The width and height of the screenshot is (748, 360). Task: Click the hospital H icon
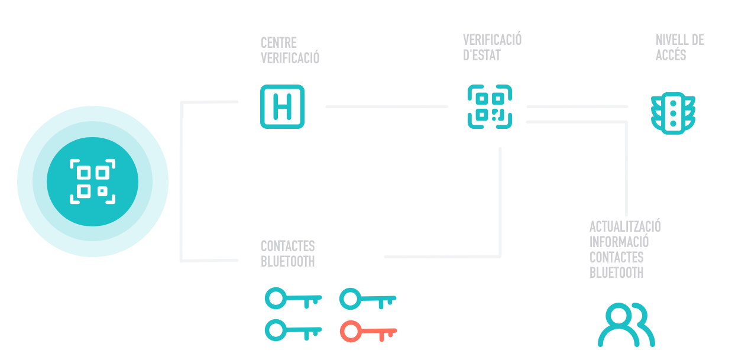(282, 107)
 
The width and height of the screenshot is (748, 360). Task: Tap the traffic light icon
(673, 112)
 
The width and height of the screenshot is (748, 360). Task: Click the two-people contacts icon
(626, 325)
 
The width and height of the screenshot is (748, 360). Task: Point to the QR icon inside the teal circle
(93, 181)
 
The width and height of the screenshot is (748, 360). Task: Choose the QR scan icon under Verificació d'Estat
(490, 107)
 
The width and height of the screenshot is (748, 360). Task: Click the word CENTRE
(279, 43)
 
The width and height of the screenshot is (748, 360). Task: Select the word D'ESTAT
(481, 56)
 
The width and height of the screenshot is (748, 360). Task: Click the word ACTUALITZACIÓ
(625, 226)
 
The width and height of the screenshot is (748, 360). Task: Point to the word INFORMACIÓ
(619, 242)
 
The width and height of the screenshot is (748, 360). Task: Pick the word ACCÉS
(671, 56)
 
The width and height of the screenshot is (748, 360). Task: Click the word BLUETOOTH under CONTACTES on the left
(287, 261)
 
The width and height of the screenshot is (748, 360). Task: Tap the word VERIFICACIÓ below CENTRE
(290, 59)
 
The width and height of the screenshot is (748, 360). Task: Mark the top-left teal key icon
(293, 299)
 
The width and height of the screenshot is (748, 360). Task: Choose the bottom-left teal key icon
(293, 330)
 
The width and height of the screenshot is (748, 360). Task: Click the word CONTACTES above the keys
(287, 246)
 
